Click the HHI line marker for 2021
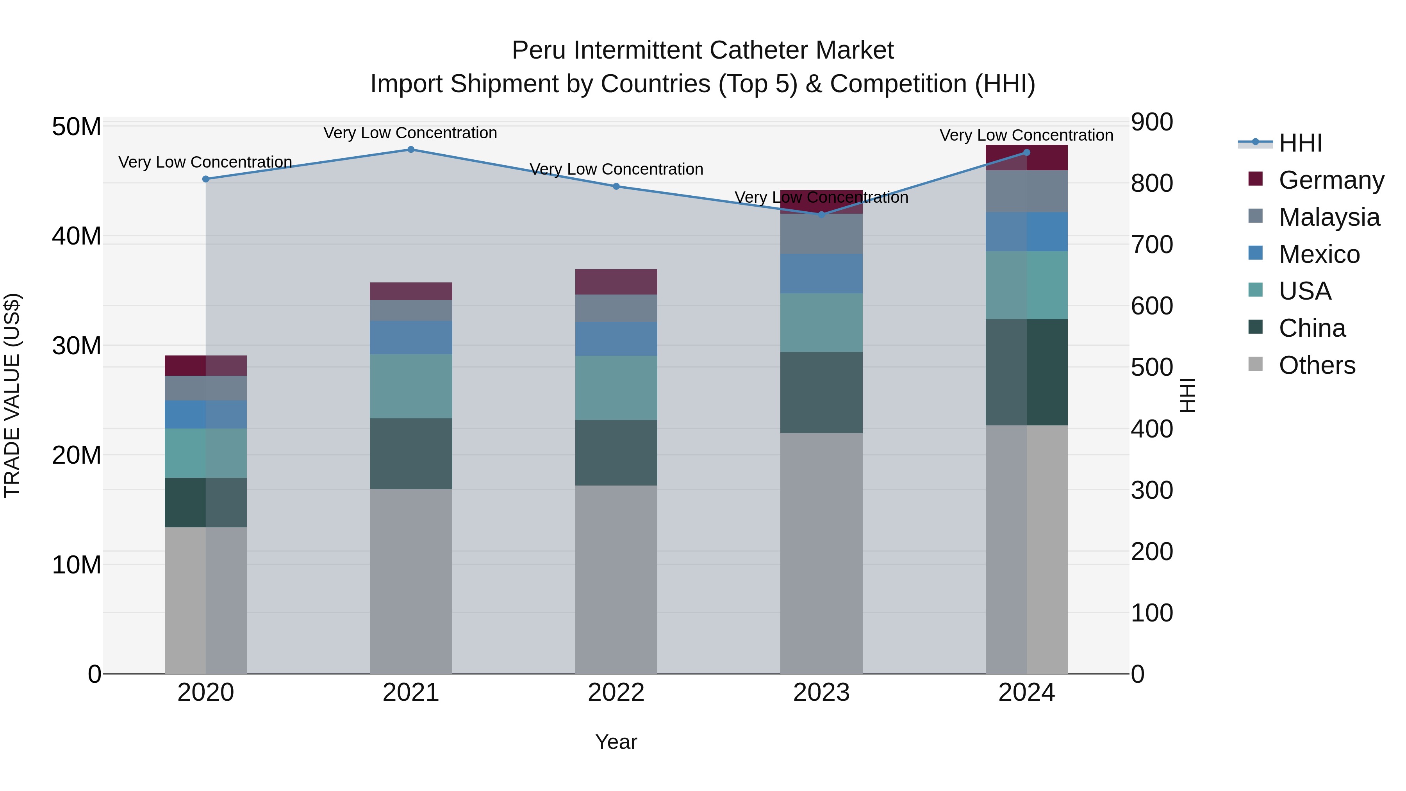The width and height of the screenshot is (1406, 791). (x=411, y=150)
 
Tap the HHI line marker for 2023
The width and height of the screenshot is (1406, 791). (x=821, y=214)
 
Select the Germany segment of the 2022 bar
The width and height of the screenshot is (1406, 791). (x=616, y=282)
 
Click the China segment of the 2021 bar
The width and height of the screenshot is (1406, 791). (x=411, y=454)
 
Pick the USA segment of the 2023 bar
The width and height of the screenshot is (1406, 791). (x=821, y=323)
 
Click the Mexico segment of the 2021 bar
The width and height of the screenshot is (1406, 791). (x=411, y=337)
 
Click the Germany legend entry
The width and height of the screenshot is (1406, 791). (x=1331, y=180)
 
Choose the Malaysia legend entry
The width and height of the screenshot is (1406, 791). (x=1329, y=217)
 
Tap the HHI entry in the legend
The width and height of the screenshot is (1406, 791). (x=1300, y=143)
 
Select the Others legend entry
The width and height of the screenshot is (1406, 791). (x=1317, y=365)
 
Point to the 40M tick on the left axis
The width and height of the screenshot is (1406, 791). (x=77, y=236)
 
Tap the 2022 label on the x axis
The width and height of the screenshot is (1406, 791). (x=616, y=693)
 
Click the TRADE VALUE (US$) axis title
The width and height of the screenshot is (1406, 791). (x=12, y=395)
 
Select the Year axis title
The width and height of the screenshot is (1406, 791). (x=616, y=742)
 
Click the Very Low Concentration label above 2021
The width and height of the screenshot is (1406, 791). (x=410, y=133)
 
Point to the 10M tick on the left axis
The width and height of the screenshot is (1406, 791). (x=77, y=565)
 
